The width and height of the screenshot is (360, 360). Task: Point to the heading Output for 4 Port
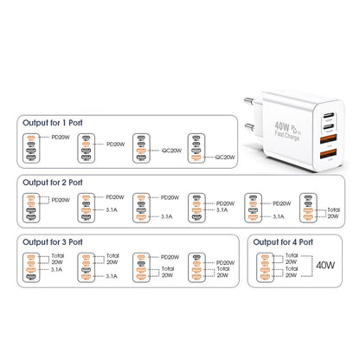[x=287, y=243]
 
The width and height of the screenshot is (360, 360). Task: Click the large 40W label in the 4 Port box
[x=325, y=267]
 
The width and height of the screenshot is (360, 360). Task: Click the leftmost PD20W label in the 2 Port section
[x=62, y=200]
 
